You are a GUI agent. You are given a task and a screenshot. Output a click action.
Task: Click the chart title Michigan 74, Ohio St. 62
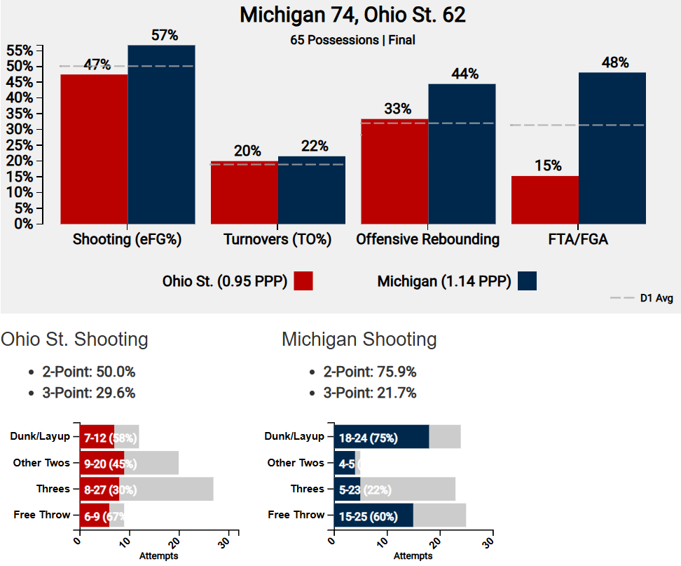pos(352,15)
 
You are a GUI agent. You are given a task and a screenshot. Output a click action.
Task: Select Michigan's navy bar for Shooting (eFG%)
pos(161,134)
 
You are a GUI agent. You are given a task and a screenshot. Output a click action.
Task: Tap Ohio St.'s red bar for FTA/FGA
pos(544,200)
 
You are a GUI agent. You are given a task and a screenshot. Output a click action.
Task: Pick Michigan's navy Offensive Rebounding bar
pos(462,154)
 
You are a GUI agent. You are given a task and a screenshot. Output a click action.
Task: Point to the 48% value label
pos(614,62)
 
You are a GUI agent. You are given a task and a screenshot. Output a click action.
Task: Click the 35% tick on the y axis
pos(19,113)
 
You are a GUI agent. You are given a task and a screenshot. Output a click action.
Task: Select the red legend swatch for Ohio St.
pos(303,281)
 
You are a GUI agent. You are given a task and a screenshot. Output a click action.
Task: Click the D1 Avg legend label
pos(656,298)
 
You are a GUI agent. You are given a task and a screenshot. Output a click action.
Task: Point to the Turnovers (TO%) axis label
pos(277,240)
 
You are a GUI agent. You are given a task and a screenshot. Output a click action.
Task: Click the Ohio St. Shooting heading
pos(75,340)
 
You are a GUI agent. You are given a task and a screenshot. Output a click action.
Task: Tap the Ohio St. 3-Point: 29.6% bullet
pos(88,393)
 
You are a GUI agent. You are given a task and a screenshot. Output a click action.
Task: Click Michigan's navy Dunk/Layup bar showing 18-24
pos(381,437)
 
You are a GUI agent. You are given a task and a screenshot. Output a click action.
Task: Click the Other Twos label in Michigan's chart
pos(296,463)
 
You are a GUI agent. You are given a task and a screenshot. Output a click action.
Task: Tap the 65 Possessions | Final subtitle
pos(352,41)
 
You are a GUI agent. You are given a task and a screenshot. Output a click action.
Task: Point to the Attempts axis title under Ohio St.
pos(158,556)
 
